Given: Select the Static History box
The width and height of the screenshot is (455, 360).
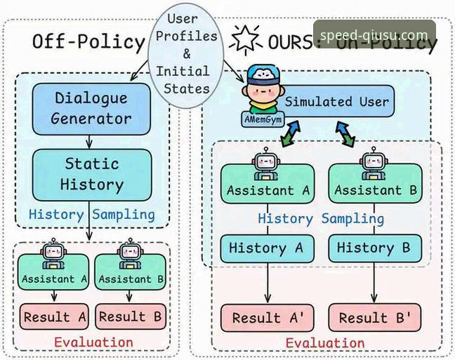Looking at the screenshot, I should (91, 174).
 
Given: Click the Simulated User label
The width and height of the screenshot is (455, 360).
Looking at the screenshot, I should (336, 102).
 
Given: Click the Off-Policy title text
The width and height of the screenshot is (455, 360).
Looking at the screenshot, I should (88, 41).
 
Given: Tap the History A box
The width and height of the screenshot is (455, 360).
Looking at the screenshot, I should (266, 248).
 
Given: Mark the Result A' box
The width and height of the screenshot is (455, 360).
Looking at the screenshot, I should (268, 317).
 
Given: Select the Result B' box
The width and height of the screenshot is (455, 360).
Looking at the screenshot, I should (375, 317).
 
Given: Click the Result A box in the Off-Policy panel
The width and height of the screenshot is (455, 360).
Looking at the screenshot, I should (54, 316).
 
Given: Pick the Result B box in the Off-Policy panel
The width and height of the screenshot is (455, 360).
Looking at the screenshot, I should (131, 316).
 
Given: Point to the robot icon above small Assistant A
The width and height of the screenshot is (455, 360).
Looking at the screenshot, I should (53, 253).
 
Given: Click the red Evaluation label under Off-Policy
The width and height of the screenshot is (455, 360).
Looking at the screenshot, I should (93, 342).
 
